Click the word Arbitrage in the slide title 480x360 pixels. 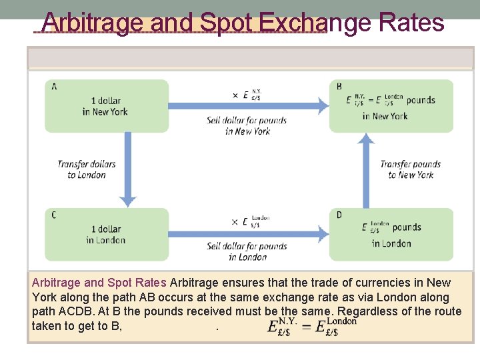(x=93, y=23)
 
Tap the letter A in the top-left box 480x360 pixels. (x=53, y=87)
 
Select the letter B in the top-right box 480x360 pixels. (x=339, y=87)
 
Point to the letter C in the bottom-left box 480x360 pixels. (x=53, y=215)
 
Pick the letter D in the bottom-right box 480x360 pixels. (x=339, y=215)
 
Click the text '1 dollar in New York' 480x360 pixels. (x=105, y=106)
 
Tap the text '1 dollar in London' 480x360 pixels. (x=105, y=234)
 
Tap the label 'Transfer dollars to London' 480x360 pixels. (x=87, y=169)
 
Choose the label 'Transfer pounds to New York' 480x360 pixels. (x=411, y=169)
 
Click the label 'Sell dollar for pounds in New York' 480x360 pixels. (x=247, y=125)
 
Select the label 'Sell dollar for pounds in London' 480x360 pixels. (x=247, y=251)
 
